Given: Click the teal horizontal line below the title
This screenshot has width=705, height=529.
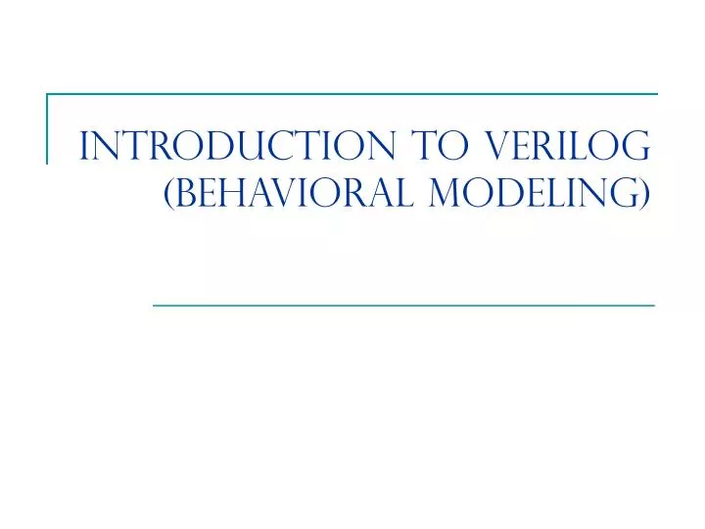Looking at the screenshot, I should pyautogui.click(x=403, y=306).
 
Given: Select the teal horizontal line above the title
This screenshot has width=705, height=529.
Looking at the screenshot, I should pyautogui.click(x=352, y=95).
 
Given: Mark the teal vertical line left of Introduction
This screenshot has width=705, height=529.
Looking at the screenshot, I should pyautogui.click(x=48, y=127).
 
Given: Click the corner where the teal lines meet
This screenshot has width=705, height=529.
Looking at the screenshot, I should pyautogui.click(x=48, y=95).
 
